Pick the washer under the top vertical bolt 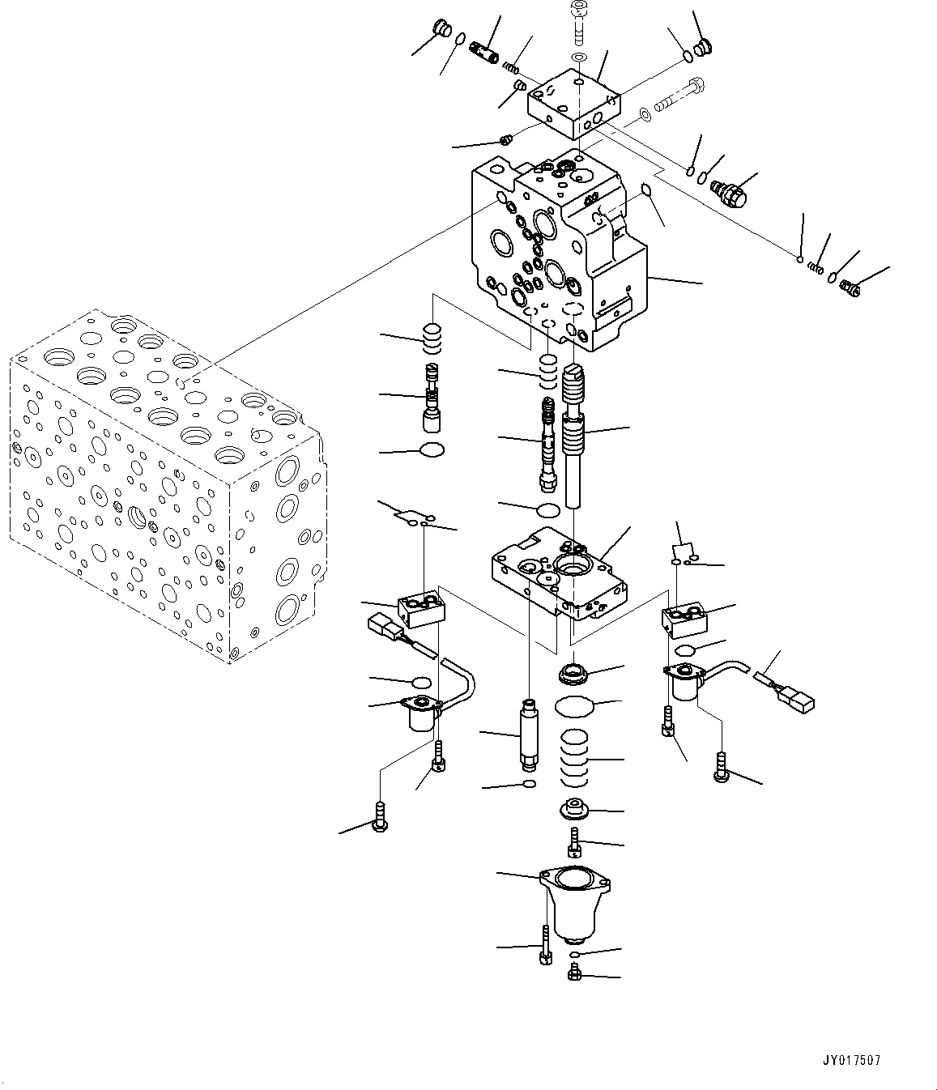578,57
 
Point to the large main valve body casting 559,251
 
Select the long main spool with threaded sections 574,429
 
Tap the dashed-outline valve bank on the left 162,486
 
